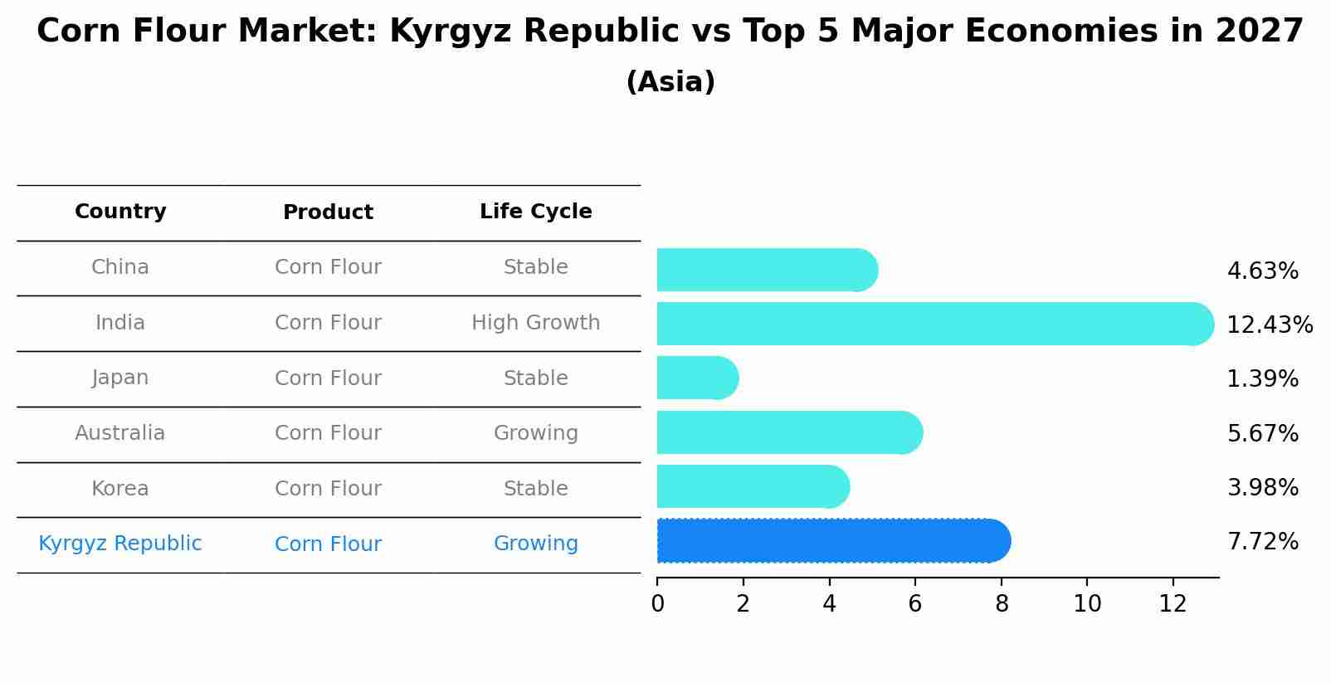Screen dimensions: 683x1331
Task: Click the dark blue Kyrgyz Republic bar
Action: coord(830,541)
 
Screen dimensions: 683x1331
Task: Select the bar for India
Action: coord(929,324)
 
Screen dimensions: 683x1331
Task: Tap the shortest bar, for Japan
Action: coord(695,378)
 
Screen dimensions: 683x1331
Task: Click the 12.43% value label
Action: coord(1269,324)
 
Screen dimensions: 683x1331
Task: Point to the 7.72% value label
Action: coord(1262,542)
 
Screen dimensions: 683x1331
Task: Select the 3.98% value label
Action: coord(1262,488)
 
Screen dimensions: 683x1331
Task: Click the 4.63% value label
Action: coord(1262,271)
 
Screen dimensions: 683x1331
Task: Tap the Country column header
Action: coord(120,212)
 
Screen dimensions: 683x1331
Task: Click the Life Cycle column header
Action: coord(535,212)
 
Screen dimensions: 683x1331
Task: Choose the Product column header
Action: coord(328,212)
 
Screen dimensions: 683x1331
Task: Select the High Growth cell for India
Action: coord(535,323)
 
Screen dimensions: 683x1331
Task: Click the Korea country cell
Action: coord(120,489)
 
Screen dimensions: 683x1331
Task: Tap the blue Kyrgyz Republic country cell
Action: coord(120,544)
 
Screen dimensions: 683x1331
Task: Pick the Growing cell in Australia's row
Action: coord(535,433)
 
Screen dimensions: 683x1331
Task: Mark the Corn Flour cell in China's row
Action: coord(328,267)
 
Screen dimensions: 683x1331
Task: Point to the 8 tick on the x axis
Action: coord(1002,604)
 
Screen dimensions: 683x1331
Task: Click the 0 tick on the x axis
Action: coord(657,604)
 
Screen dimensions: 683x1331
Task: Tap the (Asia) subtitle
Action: coord(670,82)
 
